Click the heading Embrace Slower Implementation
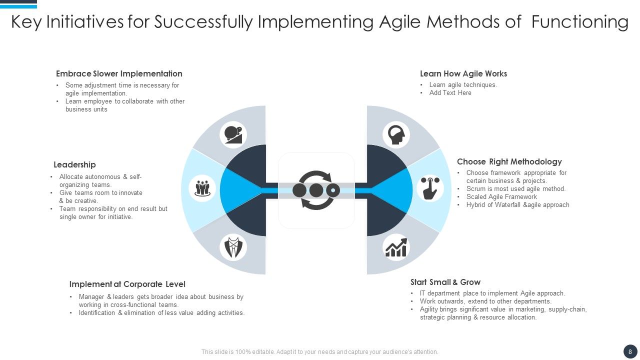click(x=119, y=74)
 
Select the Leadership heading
click(x=74, y=165)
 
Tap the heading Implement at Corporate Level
click(x=127, y=284)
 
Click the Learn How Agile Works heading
click(x=463, y=74)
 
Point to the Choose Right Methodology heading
click(x=509, y=162)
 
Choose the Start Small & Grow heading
click(x=445, y=282)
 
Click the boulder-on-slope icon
click(x=233, y=134)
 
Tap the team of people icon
click(x=202, y=188)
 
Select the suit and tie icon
click(x=233, y=247)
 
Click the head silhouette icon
click(x=396, y=134)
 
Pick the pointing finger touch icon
click(x=430, y=188)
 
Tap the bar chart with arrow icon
click(x=396, y=247)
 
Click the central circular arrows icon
click(x=316, y=190)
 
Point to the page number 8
click(x=630, y=351)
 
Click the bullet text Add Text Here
click(x=450, y=93)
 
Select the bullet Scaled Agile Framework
click(x=501, y=197)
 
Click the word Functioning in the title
click(x=579, y=22)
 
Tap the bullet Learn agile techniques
click(x=463, y=85)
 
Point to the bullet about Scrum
click(x=515, y=189)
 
